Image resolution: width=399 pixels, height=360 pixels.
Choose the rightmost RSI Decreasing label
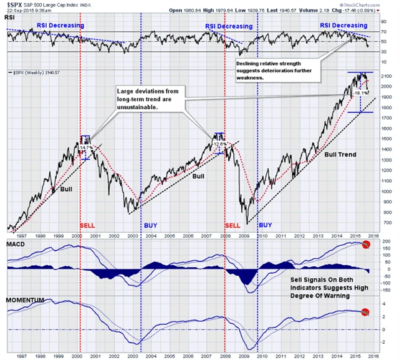click(344, 26)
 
